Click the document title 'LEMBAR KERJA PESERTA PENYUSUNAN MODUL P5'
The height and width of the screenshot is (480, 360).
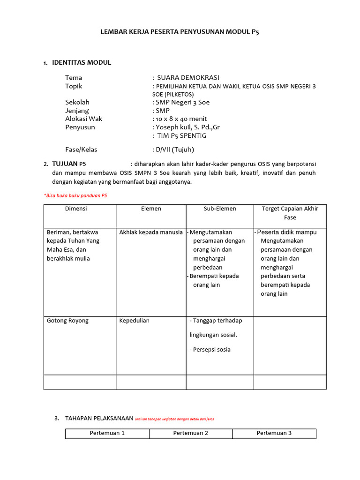(x=180, y=32)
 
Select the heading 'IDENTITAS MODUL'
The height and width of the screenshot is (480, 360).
(x=82, y=62)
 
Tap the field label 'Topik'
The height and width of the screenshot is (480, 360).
(x=74, y=86)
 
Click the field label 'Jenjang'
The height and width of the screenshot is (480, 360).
(x=77, y=111)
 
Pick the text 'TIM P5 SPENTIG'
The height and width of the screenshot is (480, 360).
(x=181, y=135)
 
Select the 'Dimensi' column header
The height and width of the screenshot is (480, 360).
(x=76, y=209)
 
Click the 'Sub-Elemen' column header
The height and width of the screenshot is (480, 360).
(x=220, y=209)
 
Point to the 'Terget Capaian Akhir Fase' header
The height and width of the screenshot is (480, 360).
(x=290, y=213)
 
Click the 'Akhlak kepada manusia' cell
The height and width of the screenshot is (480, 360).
(x=151, y=232)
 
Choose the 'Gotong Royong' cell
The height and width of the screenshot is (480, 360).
(x=67, y=321)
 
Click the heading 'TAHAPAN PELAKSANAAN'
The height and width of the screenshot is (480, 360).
(x=99, y=418)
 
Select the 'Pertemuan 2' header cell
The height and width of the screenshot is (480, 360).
(x=191, y=433)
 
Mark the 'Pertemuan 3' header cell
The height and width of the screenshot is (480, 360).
(x=274, y=433)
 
